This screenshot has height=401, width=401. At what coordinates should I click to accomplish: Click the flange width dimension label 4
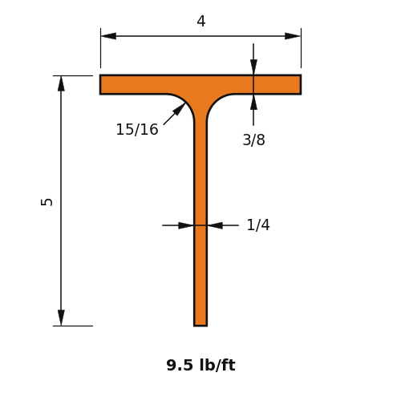tap(201, 21)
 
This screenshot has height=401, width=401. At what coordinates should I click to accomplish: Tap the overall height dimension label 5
tap(47, 202)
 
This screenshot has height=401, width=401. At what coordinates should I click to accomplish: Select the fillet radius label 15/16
tap(137, 129)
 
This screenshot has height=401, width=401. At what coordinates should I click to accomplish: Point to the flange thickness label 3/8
tap(253, 140)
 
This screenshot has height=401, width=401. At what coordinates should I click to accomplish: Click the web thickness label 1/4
tap(258, 225)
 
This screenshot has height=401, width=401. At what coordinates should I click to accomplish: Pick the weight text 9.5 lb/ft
tap(200, 365)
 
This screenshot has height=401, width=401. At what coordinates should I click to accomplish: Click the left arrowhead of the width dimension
tap(108, 36)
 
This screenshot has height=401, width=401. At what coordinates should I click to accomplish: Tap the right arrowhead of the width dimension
tap(293, 36)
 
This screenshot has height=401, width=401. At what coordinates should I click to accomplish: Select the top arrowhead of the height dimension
tap(61, 83)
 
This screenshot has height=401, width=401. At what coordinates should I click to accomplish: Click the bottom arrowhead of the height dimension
tap(61, 318)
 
